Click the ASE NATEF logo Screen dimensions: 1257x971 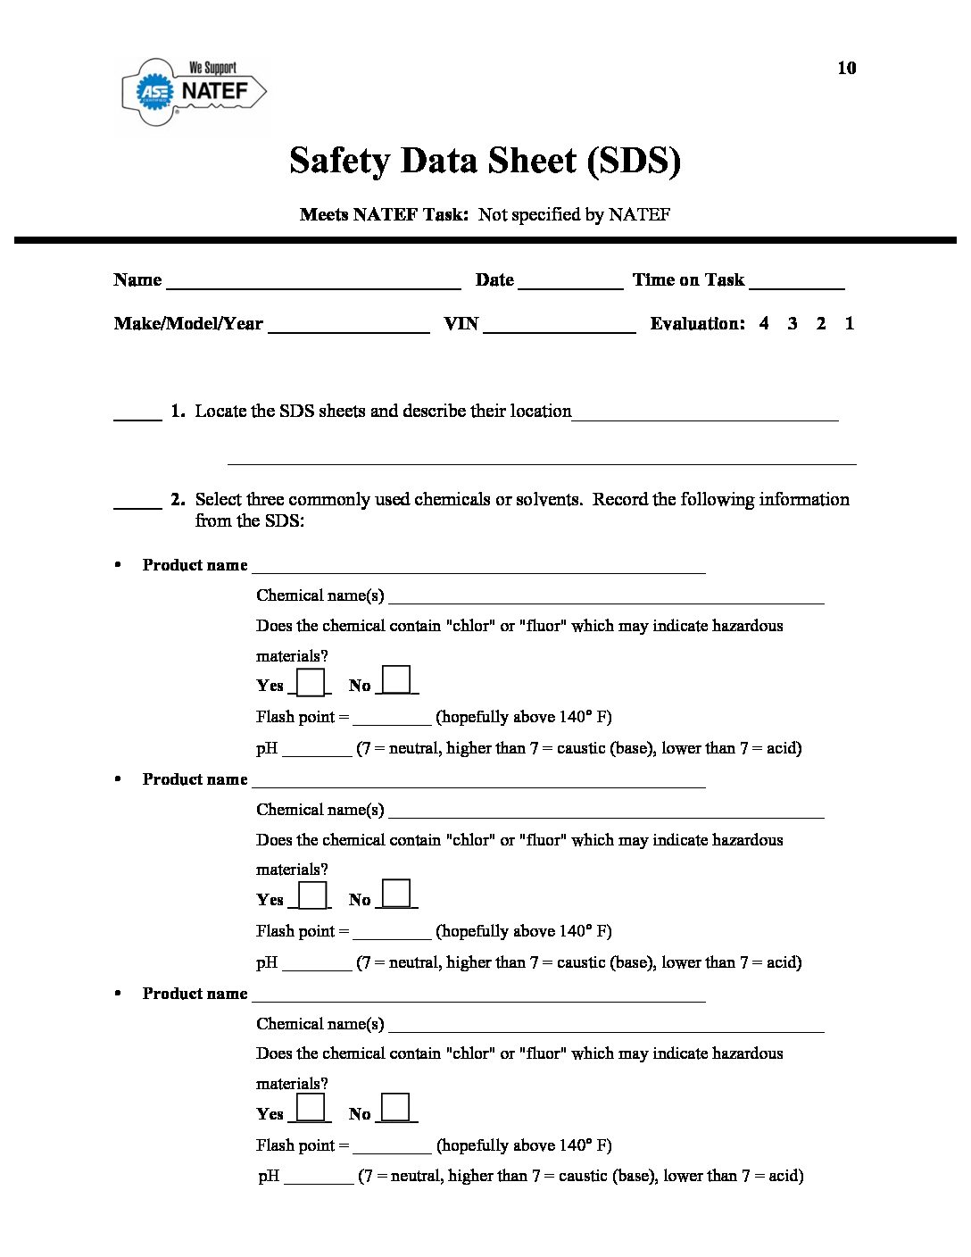[x=194, y=91]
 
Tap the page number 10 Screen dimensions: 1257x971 [x=846, y=68]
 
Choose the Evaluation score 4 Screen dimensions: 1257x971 [x=764, y=323]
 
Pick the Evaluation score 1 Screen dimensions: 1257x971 [x=850, y=323]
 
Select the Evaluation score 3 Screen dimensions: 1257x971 [x=793, y=323]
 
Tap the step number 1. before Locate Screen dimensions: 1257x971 [x=178, y=411]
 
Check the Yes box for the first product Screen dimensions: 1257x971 [x=311, y=682]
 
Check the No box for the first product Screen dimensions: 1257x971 [x=396, y=680]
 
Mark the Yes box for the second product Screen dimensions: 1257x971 [x=311, y=895]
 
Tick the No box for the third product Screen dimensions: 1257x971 [x=395, y=1108]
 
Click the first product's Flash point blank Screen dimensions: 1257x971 [x=392, y=720]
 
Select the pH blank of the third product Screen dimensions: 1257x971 [x=319, y=1178]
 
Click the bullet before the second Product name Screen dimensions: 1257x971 [x=117, y=779]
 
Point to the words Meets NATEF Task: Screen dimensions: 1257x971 [x=384, y=214]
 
